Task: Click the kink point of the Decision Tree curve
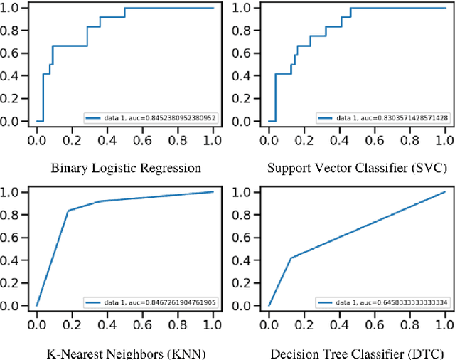289,258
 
